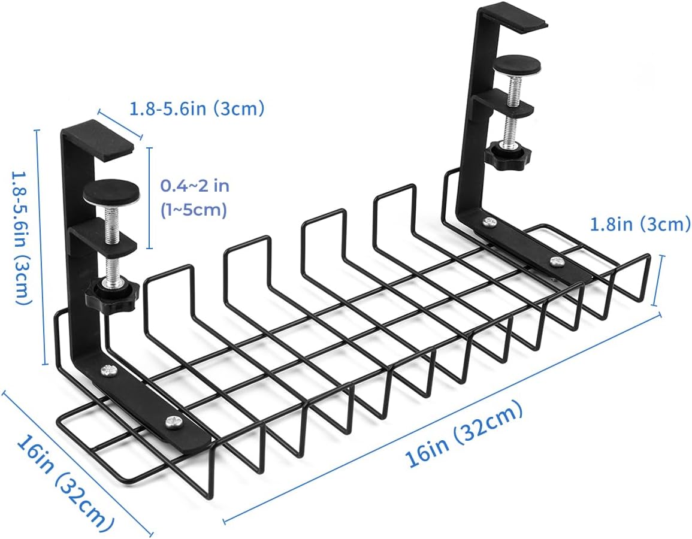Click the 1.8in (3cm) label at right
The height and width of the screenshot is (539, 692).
[x=640, y=225]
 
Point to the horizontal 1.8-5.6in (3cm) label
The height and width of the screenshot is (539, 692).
[x=197, y=109]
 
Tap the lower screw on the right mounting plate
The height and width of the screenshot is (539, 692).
[x=557, y=261]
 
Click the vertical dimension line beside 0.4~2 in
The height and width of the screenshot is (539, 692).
[x=149, y=197]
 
